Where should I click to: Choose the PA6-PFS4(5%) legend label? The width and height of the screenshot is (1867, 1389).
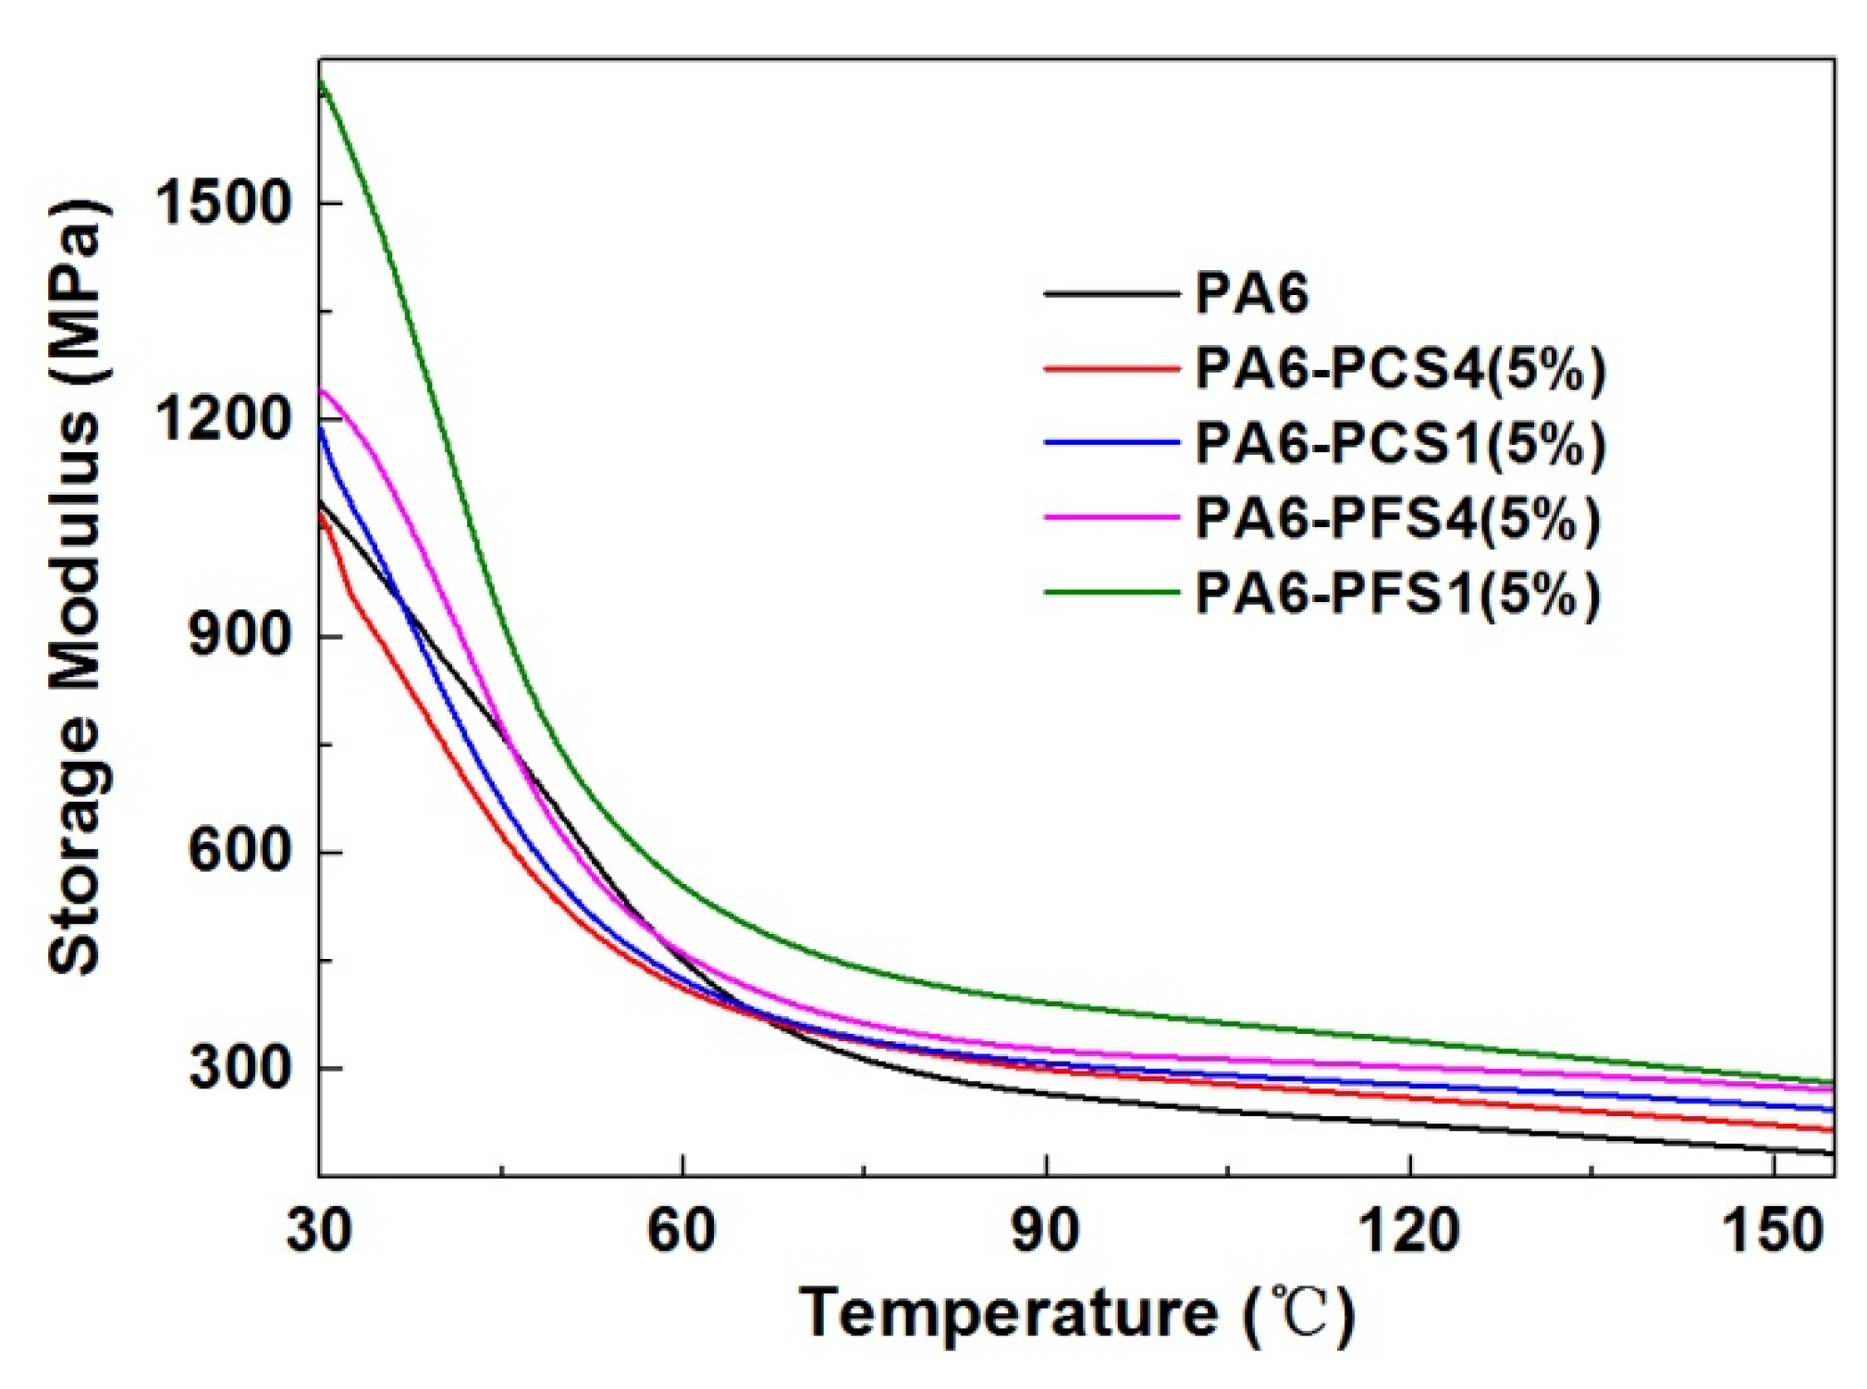1397,519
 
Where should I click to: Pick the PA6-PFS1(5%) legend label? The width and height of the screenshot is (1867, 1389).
1397,594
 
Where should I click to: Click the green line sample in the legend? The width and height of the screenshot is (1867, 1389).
1112,593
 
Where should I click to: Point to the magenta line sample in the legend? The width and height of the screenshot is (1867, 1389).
1112,518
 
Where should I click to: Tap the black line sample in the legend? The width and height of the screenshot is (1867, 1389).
1112,294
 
